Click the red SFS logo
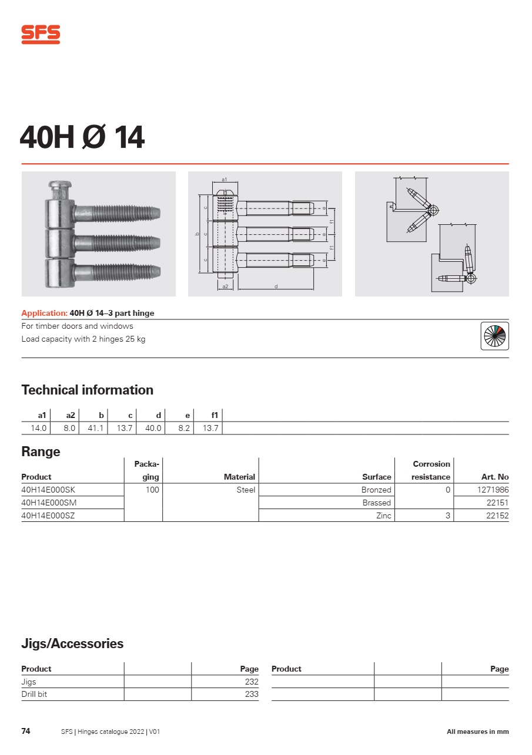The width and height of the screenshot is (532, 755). pyautogui.click(x=41, y=35)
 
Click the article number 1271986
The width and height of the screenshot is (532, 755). pyautogui.click(x=493, y=490)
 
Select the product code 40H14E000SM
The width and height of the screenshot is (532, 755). pyautogui.click(x=49, y=503)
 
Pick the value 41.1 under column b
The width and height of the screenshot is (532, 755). pyautogui.click(x=95, y=428)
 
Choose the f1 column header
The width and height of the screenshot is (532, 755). pyautogui.click(x=215, y=416)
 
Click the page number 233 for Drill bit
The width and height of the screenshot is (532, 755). pyautogui.click(x=252, y=694)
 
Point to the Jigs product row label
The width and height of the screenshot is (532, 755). pyautogui.click(x=29, y=682)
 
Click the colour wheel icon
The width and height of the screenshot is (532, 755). pyautogui.click(x=494, y=336)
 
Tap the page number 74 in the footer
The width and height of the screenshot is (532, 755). pyautogui.click(x=26, y=731)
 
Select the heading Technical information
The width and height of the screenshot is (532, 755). pyautogui.click(x=87, y=390)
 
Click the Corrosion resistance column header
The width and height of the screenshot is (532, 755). pyautogui.click(x=431, y=470)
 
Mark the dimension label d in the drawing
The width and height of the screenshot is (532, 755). pyautogui.click(x=276, y=287)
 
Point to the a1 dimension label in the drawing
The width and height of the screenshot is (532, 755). pyautogui.click(x=225, y=179)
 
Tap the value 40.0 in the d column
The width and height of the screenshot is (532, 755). pyautogui.click(x=153, y=428)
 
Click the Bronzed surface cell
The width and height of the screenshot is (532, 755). pyautogui.click(x=376, y=490)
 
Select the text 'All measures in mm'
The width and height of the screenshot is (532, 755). pyautogui.click(x=477, y=732)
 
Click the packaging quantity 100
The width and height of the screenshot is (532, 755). pyautogui.click(x=152, y=490)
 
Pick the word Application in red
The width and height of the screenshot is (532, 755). pyautogui.click(x=44, y=313)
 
